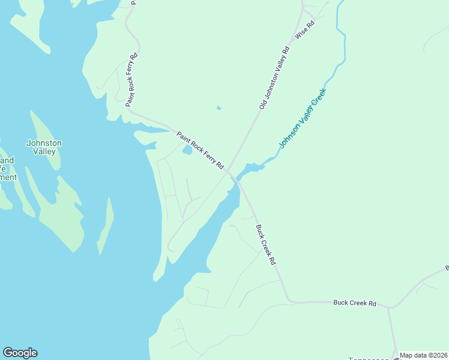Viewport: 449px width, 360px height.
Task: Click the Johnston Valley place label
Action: (x=44, y=147)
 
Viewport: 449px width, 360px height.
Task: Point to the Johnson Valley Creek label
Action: (x=303, y=118)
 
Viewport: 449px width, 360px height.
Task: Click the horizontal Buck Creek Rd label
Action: (x=354, y=304)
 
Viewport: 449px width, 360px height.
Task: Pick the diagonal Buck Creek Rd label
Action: (x=265, y=245)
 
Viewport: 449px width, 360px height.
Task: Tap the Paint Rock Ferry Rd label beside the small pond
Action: (x=200, y=150)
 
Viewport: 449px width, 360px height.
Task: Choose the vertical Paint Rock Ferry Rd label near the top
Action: (x=132, y=80)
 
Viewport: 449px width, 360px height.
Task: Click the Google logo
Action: (x=20, y=353)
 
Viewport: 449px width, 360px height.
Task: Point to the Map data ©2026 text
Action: (x=423, y=355)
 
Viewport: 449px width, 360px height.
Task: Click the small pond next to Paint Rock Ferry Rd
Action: (x=187, y=151)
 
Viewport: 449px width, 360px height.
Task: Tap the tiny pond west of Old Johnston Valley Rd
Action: (x=218, y=108)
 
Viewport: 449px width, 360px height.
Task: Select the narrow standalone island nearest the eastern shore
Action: (x=106, y=225)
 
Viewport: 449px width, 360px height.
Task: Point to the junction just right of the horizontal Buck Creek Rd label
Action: (x=389, y=308)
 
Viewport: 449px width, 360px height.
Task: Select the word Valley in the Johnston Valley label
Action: (x=44, y=152)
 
